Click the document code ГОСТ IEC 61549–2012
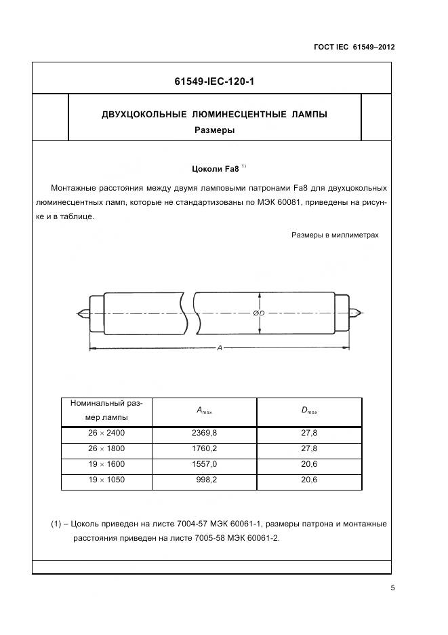[354, 47]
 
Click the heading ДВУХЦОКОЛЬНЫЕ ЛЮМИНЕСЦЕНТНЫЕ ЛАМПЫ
[214, 115]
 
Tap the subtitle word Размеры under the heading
[214, 130]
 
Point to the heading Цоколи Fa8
[214, 169]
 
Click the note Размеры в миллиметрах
[335, 235]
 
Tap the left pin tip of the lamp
[79, 313]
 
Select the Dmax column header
[309, 410]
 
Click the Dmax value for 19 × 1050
[309, 480]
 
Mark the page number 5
[392, 588]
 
